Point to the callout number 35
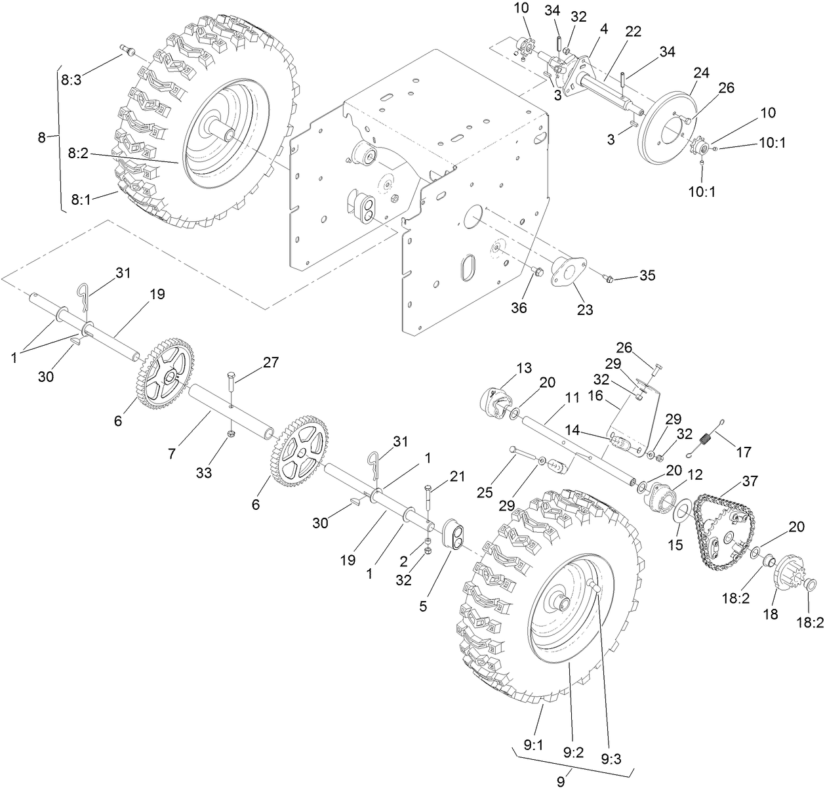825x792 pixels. [647, 276]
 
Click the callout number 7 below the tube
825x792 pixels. [171, 453]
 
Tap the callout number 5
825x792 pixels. [424, 608]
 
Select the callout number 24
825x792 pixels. [701, 73]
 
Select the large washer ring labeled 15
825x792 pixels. [680, 511]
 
